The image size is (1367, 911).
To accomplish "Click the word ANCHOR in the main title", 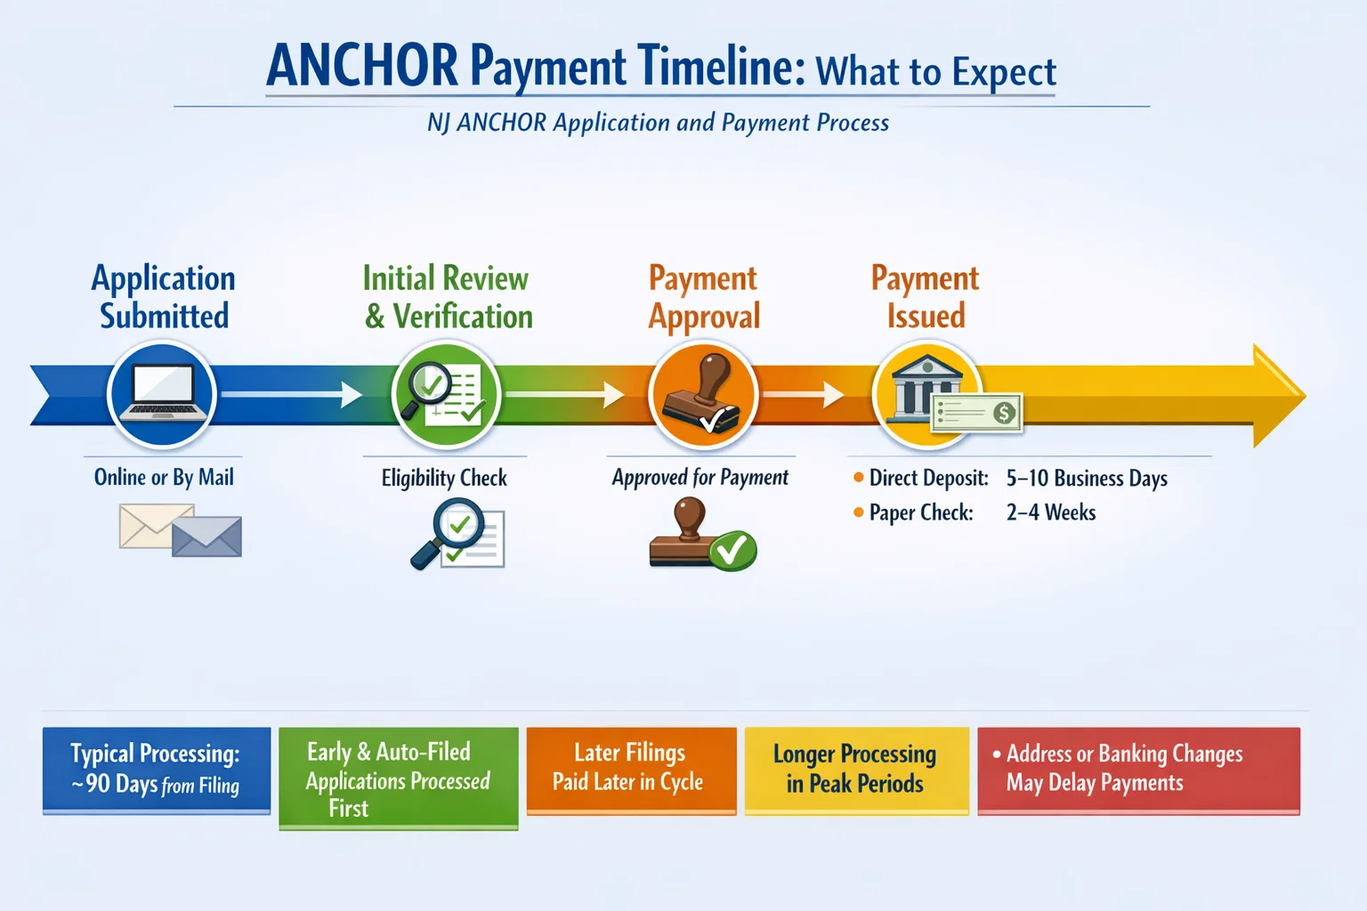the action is (362, 65).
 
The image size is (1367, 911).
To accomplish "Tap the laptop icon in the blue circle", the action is (163, 391).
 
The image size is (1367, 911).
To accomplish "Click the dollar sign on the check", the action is (1004, 413).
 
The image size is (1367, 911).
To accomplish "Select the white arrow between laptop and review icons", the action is (292, 394).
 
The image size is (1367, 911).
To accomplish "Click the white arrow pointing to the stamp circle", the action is (564, 394).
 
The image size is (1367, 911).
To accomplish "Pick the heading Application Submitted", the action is (164, 297).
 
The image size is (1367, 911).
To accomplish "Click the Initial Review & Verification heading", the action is (448, 297).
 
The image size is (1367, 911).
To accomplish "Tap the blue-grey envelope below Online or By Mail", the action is (206, 536).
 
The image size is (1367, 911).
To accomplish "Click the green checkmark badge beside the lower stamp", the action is (732, 550).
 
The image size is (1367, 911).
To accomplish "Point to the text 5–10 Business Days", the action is (1087, 479).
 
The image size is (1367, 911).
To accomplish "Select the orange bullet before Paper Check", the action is (859, 512).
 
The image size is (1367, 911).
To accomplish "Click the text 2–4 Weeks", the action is (1051, 512).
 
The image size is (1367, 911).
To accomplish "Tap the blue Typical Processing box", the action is (157, 770).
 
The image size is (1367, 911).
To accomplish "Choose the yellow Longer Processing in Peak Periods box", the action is (857, 770).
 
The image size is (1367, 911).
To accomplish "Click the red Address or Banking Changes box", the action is (1139, 770).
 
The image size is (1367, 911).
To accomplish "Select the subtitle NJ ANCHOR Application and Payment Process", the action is (658, 123).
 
